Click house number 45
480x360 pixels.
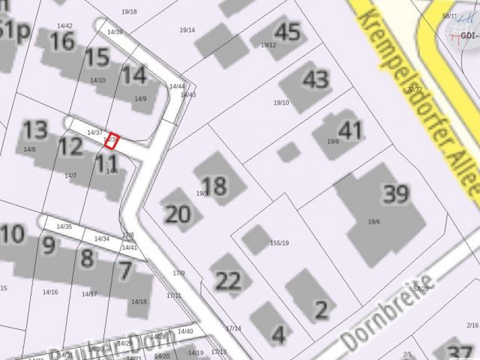[x=287, y=32]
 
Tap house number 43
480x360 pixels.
[x=316, y=79]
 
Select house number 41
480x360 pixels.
[x=349, y=129]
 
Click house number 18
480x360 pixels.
[x=214, y=185]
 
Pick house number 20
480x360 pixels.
[x=178, y=214]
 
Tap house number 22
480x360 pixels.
[x=229, y=281]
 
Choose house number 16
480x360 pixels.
[x=61, y=41]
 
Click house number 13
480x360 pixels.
[x=34, y=130]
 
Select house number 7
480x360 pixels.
[x=124, y=270]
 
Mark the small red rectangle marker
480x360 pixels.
[x=111, y=141]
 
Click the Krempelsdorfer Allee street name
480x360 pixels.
[x=420, y=97]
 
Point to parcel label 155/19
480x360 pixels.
[x=280, y=243]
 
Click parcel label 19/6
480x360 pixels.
[x=374, y=221]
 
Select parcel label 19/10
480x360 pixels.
[x=281, y=103]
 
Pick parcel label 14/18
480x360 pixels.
[x=139, y=301]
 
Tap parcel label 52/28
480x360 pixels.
[x=421, y=289]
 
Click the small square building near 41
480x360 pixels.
[x=288, y=152]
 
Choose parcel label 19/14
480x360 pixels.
[x=187, y=30]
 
